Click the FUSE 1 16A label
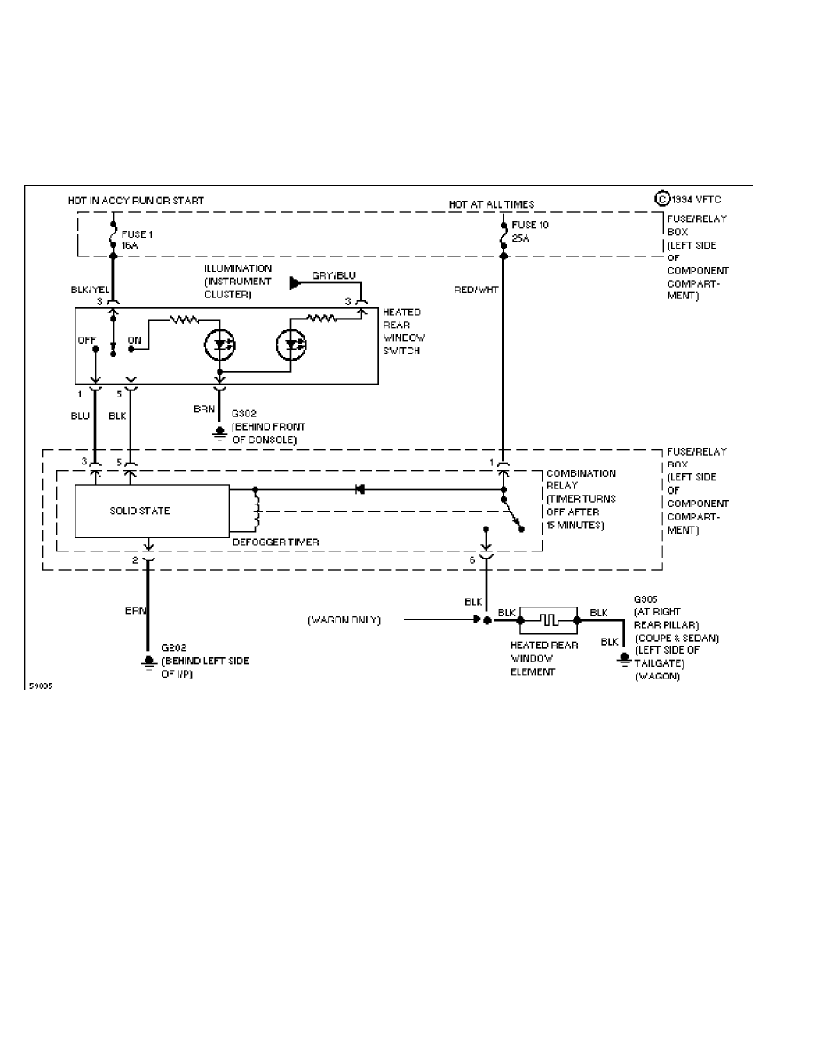point(135,240)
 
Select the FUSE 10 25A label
point(531,231)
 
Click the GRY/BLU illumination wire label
point(333,274)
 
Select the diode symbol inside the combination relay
point(359,488)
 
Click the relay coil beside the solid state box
point(257,512)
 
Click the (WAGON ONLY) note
point(344,620)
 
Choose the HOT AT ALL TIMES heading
point(491,204)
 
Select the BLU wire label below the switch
point(81,415)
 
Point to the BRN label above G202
point(134,611)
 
